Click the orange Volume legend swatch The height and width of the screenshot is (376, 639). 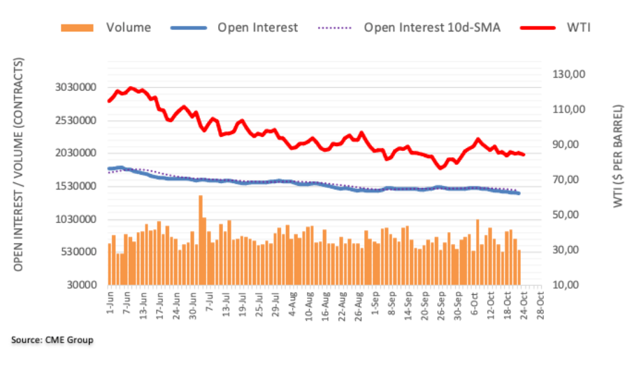[x=77, y=28]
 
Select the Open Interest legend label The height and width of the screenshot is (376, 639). [x=257, y=28]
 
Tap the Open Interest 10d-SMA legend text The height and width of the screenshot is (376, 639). [x=432, y=28]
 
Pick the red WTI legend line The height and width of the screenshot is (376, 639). [x=538, y=28]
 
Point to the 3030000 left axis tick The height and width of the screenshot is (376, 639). [x=76, y=87]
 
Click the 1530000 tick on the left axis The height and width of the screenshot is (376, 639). [x=76, y=186]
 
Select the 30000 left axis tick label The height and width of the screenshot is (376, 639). [x=82, y=285]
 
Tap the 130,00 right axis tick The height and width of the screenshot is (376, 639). [x=569, y=74]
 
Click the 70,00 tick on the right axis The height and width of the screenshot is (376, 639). [x=569, y=180]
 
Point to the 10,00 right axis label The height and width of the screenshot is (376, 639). [x=569, y=285]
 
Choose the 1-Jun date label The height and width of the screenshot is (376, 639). [x=110, y=302]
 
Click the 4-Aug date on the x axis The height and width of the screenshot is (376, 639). [x=293, y=303]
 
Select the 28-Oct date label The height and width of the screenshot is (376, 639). [x=540, y=305]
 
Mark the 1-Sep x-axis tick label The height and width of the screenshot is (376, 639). [x=375, y=303]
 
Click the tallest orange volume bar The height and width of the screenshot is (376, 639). [x=201, y=240]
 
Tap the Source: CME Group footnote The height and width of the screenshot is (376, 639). [x=52, y=340]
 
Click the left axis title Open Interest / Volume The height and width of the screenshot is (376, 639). [x=18, y=164]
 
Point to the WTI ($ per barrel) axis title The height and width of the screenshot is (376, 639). [x=618, y=157]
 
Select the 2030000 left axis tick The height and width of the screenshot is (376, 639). [x=76, y=153]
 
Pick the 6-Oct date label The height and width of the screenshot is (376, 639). [x=475, y=303]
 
